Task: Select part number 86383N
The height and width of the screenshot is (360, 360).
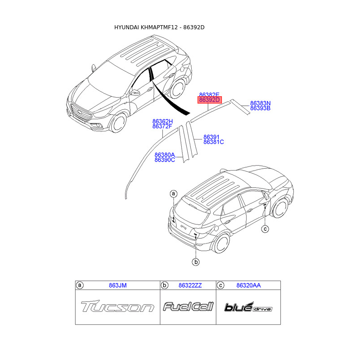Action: (260, 103)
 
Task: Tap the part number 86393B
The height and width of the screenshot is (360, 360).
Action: (260, 108)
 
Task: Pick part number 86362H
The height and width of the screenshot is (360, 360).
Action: (162, 121)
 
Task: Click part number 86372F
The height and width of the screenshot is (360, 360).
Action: (162, 126)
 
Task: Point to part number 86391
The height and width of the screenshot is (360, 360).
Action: (211, 137)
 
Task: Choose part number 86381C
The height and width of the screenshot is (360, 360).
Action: (213, 142)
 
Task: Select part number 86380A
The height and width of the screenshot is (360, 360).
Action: (165, 154)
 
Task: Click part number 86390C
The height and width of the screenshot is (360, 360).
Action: (165, 160)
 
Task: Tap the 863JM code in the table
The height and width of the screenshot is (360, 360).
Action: (118, 285)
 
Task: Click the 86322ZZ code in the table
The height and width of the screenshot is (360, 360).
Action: (190, 285)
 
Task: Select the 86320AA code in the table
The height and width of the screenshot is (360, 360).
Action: (248, 285)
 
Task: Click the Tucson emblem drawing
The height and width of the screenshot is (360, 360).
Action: (117, 307)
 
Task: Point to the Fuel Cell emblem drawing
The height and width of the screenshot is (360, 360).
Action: (188, 307)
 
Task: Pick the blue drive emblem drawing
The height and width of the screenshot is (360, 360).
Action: (248, 307)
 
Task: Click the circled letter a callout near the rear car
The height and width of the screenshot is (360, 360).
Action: (174, 194)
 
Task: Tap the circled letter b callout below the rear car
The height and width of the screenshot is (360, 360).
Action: (196, 261)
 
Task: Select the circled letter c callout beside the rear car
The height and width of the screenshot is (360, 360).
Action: (265, 229)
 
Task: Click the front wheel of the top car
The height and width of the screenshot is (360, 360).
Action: (118, 122)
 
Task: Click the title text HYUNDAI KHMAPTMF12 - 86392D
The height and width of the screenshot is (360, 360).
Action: (160, 27)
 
